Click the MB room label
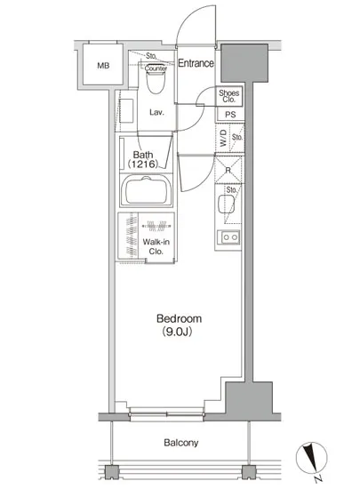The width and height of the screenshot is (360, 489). (103, 66)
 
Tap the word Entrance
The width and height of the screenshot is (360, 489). (196, 63)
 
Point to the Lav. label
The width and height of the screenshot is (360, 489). (156, 112)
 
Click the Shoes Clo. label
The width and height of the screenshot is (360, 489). (229, 96)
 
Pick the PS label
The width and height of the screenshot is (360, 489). (230, 115)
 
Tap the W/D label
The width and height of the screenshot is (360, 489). (223, 138)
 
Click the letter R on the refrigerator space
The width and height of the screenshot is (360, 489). (228, 171)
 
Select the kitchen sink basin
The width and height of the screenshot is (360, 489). (226, 204)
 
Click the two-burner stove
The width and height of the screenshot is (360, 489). (230, 237)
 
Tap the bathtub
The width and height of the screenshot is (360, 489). (147, 190)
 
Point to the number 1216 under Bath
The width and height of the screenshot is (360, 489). (143, 164)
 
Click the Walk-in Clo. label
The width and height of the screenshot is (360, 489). (156, 246)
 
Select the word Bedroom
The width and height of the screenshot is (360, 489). (180, 318)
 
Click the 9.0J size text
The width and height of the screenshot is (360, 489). (177, 333)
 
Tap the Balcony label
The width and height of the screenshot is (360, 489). (181, 443)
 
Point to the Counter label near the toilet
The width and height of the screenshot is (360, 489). (156, 68)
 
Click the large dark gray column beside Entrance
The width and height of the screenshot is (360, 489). (244, 63)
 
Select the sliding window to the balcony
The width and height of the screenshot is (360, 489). (167, 414)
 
